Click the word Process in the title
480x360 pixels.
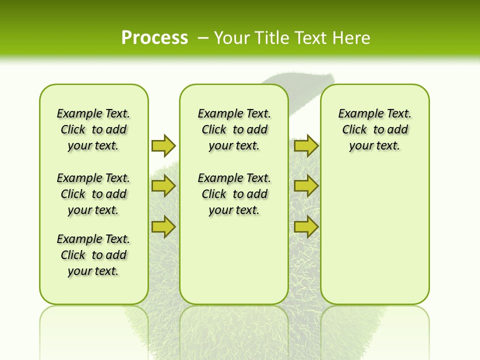pos(154,37)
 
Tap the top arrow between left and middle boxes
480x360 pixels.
pos(163,145)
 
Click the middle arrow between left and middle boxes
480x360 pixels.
pos(163,186)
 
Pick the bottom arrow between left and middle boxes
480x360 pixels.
pos(163,227)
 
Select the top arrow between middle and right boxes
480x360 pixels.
pos(306,145)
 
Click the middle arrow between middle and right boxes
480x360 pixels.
pos(306,186)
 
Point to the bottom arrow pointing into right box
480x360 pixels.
pos(306,227)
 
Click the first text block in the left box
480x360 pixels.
pos(93,129)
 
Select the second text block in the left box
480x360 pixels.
pos(93,194)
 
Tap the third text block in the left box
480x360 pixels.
pos(93,255)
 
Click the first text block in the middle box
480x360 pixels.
pos(234,129)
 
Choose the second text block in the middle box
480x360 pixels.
pos(234,194)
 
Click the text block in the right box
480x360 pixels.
pos(374,129)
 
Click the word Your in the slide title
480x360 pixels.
pos(232,37)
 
